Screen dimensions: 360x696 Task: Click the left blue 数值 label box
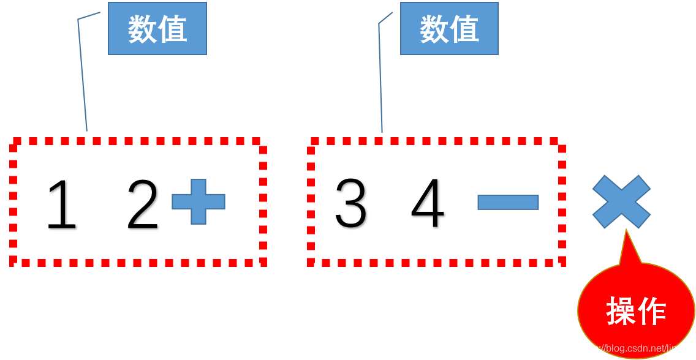click(157, 28)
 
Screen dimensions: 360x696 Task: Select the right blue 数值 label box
click(449, 28)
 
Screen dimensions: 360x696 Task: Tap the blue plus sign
click(199, 201)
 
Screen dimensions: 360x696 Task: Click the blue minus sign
click(508, 202)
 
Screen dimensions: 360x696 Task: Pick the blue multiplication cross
click(621, 201)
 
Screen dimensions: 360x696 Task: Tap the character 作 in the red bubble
click(652, 311)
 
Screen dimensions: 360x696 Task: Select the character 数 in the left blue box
click(142, 29)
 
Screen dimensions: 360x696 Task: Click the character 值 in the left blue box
click(172, 29)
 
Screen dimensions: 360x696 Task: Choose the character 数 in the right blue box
click(434, 29)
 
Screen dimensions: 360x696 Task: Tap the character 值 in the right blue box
click(464, 29)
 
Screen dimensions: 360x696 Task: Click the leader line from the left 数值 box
click(82, 73)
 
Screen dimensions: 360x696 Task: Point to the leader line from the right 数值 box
click(380, 73)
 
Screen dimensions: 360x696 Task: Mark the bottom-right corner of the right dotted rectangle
click(562, 262)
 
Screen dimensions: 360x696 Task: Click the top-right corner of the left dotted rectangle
click(263, 141)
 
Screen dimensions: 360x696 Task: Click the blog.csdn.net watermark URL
click(634, 348)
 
